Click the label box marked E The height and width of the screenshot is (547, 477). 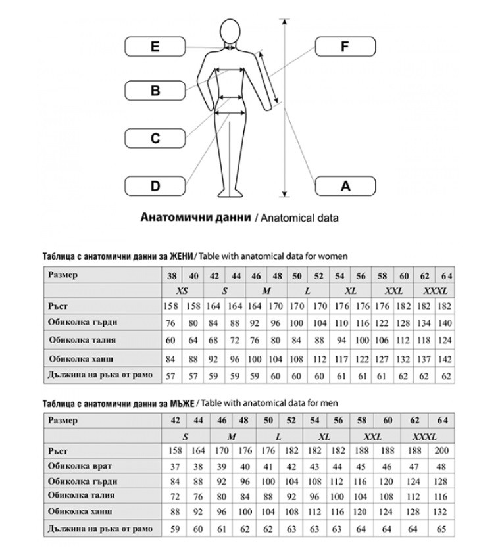coord(155,47)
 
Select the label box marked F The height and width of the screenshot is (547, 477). coord(345,47)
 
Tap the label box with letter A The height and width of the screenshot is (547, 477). coord(345,186)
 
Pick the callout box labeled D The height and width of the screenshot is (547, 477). coord(155,186)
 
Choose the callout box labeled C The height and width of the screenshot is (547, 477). coord(155,138)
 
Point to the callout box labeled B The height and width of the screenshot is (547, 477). coord(155,90)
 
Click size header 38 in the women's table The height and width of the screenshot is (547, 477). coord(172,275)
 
